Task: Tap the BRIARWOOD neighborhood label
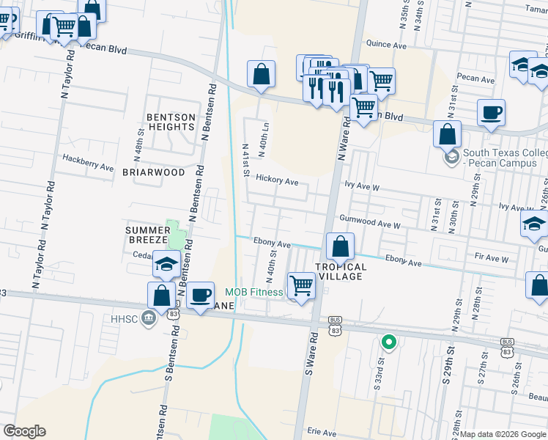pyautogui.click(x=153, y=172)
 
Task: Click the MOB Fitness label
pyautogui.click(x=253, y=293)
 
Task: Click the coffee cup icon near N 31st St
pyautogui.click(x=491, y=113)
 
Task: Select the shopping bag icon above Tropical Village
pyautogui.click(x=340, y=246)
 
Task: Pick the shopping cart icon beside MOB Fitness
pyautogui.click(x=301, y=285)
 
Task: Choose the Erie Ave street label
pyautogui.click(x=322, y=432)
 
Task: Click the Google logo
pyautogui.click(x=24, y=431)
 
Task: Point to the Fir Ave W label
pyautogui.click(x=492, y=258)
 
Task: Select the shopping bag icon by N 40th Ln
pyautogui.click(x=262, y=74)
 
